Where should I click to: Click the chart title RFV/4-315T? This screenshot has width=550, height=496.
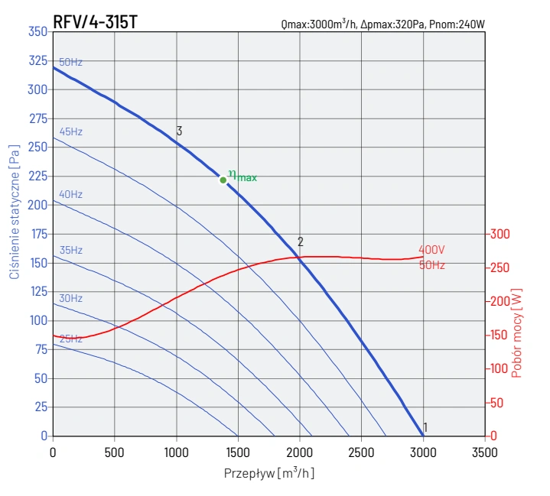(x=95, y=21)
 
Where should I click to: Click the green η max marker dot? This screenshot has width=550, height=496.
(x=223, y=180)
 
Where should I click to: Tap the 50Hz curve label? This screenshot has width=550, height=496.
(x=70, y=62)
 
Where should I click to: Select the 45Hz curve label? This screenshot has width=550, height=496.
(x=70, y=131)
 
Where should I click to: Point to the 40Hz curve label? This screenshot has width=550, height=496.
(x=70, y=194)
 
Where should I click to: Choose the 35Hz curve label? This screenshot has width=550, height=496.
(x=70, y=250)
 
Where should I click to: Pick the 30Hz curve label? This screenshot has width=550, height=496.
(x=70, y=298)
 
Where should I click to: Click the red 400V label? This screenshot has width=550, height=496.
(x=431, y=250)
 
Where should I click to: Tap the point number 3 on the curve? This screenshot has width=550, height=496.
(x=179, y=131)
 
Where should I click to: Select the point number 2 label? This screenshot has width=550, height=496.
(x=301, y=242)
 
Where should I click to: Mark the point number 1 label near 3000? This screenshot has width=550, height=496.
(x=425, y=427)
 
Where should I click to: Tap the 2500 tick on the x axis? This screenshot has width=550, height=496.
(x=361, y=452)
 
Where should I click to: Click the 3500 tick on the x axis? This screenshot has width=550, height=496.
(x=484, y=452)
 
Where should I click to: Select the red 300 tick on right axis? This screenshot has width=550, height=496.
(x=500, y=234)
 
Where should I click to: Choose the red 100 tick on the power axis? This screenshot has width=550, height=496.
(x=500, y=368)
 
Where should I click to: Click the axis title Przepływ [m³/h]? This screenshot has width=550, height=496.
(x=269, y=473)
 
